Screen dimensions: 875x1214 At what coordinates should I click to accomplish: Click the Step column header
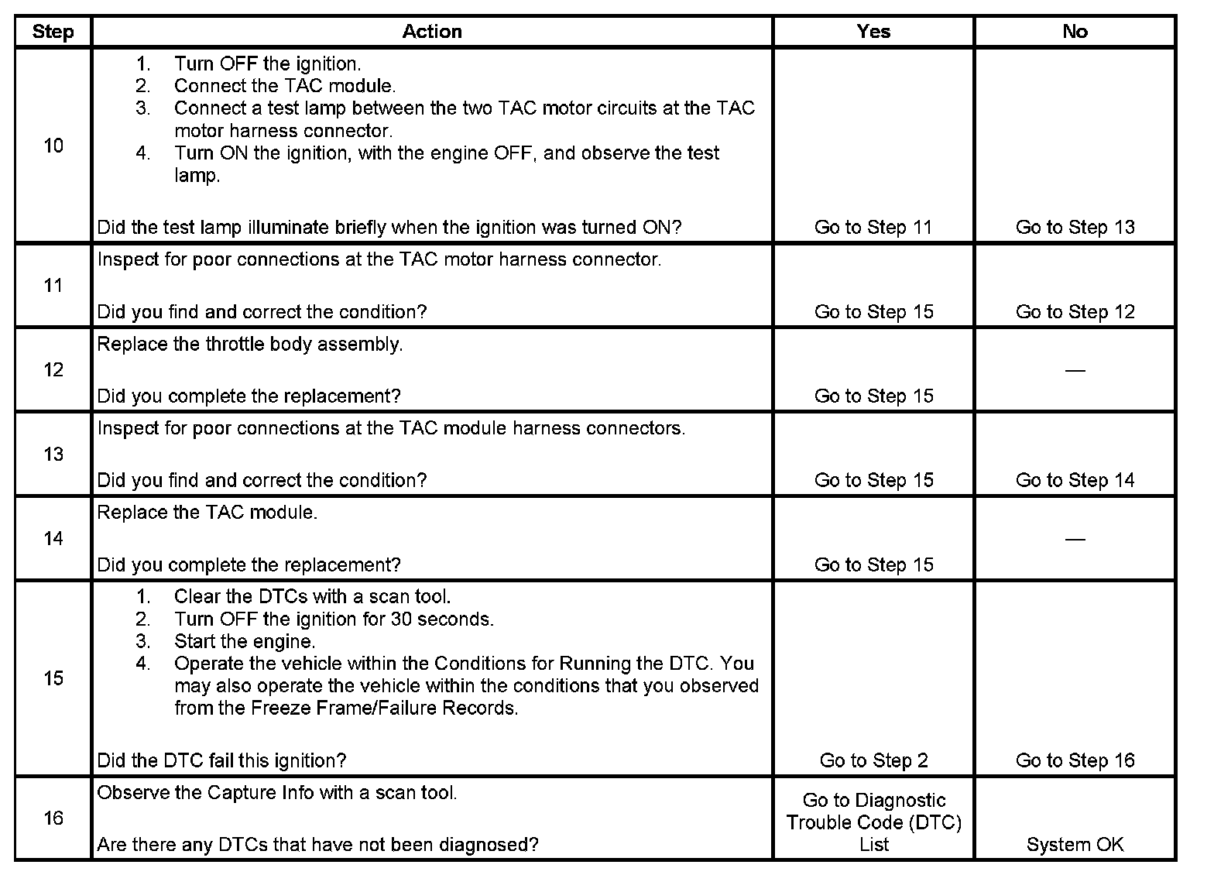pos(53,32)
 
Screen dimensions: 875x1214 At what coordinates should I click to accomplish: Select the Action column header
pos(432,32)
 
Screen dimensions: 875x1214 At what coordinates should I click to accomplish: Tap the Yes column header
pos(873,32)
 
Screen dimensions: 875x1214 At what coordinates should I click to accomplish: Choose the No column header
pos(1075,32)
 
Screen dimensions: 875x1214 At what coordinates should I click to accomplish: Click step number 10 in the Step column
pos(53,146)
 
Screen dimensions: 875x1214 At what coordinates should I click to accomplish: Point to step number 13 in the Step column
pos(53,454)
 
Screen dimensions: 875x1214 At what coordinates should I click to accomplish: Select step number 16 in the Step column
pos(53,818)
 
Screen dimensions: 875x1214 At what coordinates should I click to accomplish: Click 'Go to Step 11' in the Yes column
pos(873,228)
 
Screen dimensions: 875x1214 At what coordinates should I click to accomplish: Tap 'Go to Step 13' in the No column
pos(1075,228)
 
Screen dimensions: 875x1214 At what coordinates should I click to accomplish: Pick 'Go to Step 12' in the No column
pos(1075,312)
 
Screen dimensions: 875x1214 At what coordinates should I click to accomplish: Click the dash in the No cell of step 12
pos(1075,370)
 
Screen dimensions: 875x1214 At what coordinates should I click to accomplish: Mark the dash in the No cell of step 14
pos(1075,539)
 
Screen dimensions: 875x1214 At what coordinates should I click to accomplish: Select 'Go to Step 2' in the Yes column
pos(873,761)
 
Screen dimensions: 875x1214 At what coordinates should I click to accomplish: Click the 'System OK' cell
pos(1075,845)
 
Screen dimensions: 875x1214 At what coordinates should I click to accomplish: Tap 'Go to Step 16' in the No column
pos(1075,761)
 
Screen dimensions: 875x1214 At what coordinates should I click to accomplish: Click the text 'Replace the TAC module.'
pos(207,513)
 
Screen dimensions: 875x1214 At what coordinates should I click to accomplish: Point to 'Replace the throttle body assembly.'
pos(249,345)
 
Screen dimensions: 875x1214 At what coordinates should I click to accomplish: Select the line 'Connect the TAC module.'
pos(284,86)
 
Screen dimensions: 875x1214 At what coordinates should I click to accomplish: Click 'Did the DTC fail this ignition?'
pos(221,761)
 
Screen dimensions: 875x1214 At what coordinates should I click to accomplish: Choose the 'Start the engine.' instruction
pos(244,642)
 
